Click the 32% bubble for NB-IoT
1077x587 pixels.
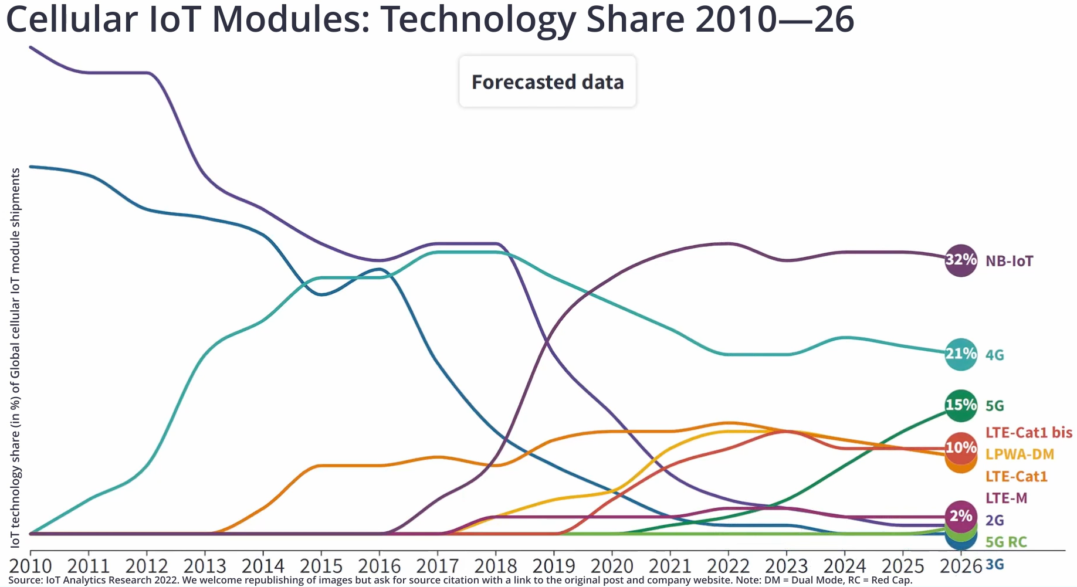961,260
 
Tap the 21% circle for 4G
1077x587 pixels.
961,354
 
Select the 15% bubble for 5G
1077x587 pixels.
961,405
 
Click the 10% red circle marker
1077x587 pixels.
961,448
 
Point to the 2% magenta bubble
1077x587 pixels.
961,516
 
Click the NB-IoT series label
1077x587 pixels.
1009,261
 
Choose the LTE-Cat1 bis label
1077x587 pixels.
1028,433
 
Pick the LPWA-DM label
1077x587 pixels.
1020,454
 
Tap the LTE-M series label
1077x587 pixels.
1006,498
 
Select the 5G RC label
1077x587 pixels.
1006,542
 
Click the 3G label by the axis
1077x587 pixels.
995,565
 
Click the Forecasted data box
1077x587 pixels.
547,82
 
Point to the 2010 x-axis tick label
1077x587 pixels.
30,566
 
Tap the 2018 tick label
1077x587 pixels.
495,566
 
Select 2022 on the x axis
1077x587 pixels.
728,566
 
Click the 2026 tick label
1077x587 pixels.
960,566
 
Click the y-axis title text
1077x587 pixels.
15,358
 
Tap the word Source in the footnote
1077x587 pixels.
25,581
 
